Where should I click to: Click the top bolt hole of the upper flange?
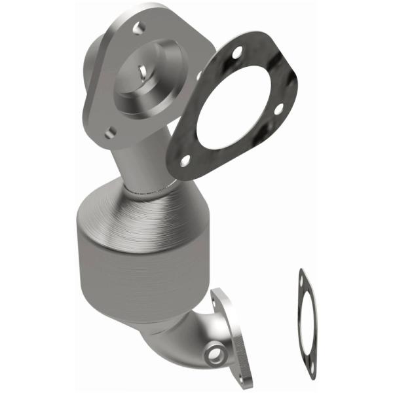[138, 28]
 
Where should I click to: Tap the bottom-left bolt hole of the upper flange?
[111, 132]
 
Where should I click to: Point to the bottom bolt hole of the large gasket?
[185, 159]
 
